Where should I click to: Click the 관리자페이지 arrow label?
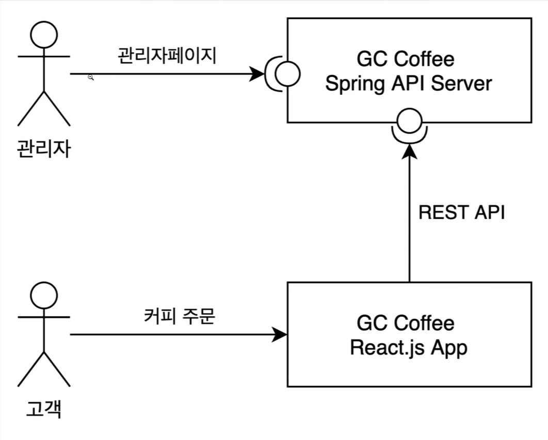click(167, 56)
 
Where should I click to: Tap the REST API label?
click(461, 213)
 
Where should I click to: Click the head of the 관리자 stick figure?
click(44, 34)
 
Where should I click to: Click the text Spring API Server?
click(408, 83)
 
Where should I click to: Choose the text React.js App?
click(408, 348)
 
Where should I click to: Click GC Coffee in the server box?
click(406, 59)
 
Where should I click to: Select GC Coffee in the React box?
click(406, 324)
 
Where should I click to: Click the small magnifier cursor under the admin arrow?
click(91, 77)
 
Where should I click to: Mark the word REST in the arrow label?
click(439, 213)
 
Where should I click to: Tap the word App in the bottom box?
click(450, 348)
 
